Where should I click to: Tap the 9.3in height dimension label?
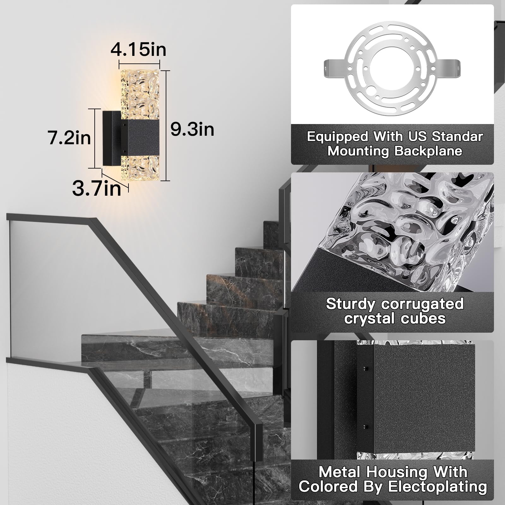click(x=192, y=129)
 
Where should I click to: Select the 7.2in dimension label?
click(x=69, y=138)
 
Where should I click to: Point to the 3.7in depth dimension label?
click(x=97, y=188)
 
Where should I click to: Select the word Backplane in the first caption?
click(x=428, y=151)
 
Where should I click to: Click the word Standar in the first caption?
click(x=457, y=137)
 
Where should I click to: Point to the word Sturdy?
click(x=351, y=304)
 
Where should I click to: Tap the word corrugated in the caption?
click(x=422, y=304)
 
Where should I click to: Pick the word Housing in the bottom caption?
click(x=397, y=472)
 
